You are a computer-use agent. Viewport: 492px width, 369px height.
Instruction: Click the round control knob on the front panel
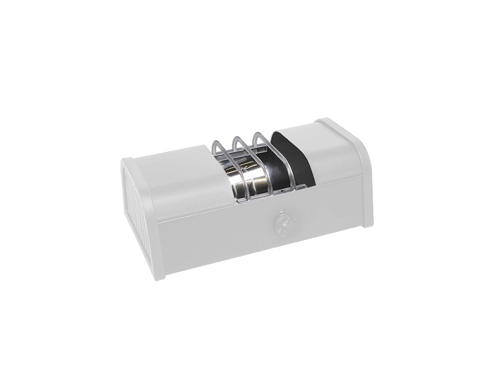click(x=285, y=225)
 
